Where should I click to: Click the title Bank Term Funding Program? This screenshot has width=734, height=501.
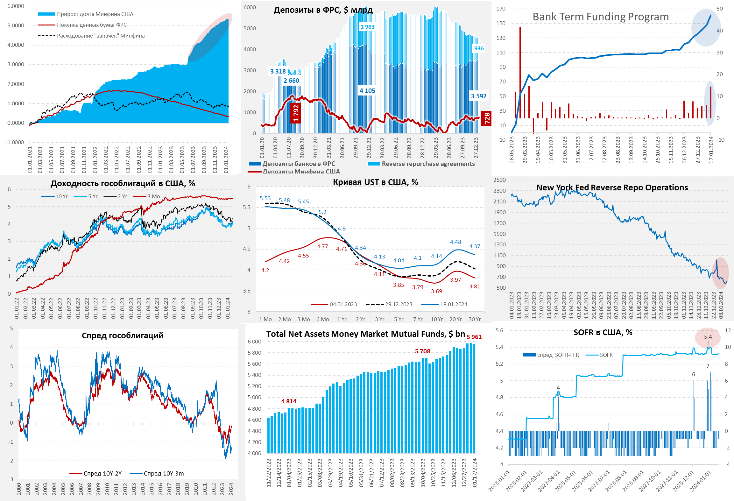(601, 17)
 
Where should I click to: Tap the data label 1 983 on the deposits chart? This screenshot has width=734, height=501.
(367, 27)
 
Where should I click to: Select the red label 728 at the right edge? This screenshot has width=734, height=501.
(487, 118)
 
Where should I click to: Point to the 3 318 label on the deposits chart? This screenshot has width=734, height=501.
(278, 71)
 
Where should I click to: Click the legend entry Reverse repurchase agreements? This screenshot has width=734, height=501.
(428, 164)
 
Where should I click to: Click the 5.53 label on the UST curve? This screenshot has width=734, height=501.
(265, 198)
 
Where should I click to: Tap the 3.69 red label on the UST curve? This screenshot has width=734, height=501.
(436, 291)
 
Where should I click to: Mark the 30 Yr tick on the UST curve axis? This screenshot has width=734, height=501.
(474, 319)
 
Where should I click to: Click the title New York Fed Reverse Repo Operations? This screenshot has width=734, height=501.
(612, 187)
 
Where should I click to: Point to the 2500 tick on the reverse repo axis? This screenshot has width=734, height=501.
(499, 180)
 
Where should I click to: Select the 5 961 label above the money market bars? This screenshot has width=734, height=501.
(474, 337)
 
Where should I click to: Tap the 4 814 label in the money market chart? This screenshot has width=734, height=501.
(289, 401)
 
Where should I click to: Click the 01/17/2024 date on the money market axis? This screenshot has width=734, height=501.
(475, 473)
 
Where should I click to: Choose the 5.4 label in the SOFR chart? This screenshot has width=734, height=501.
(708, 337)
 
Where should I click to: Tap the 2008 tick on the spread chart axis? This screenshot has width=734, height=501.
(89, 489)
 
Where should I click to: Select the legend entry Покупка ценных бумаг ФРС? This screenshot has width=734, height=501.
(92, 25)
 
